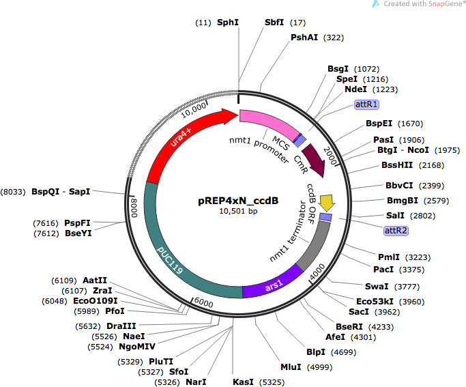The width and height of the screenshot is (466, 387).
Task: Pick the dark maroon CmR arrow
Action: [x=317, y=160]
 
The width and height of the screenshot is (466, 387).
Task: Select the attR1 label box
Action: [x=366, y=104]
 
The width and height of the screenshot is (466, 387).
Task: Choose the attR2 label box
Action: [x=396, y=231]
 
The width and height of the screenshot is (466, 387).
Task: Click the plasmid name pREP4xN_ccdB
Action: [x=238, y=201]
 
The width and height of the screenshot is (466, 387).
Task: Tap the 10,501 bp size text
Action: [x=238, y=212]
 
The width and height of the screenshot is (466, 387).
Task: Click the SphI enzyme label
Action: [x=228, y=23]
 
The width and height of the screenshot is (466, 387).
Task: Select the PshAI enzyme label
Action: [x=304, y=38]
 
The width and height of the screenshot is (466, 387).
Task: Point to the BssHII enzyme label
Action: [x=397, y=165]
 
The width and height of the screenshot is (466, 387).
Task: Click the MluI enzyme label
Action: [x=291, y=367]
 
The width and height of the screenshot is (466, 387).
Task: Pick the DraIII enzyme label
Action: [x=121, y=326]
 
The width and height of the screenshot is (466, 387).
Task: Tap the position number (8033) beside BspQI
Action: [x=13, y=192]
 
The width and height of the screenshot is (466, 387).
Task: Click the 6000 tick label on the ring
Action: [x=203, y=302]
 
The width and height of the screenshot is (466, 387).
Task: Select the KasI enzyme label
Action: [x=243, y=382]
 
